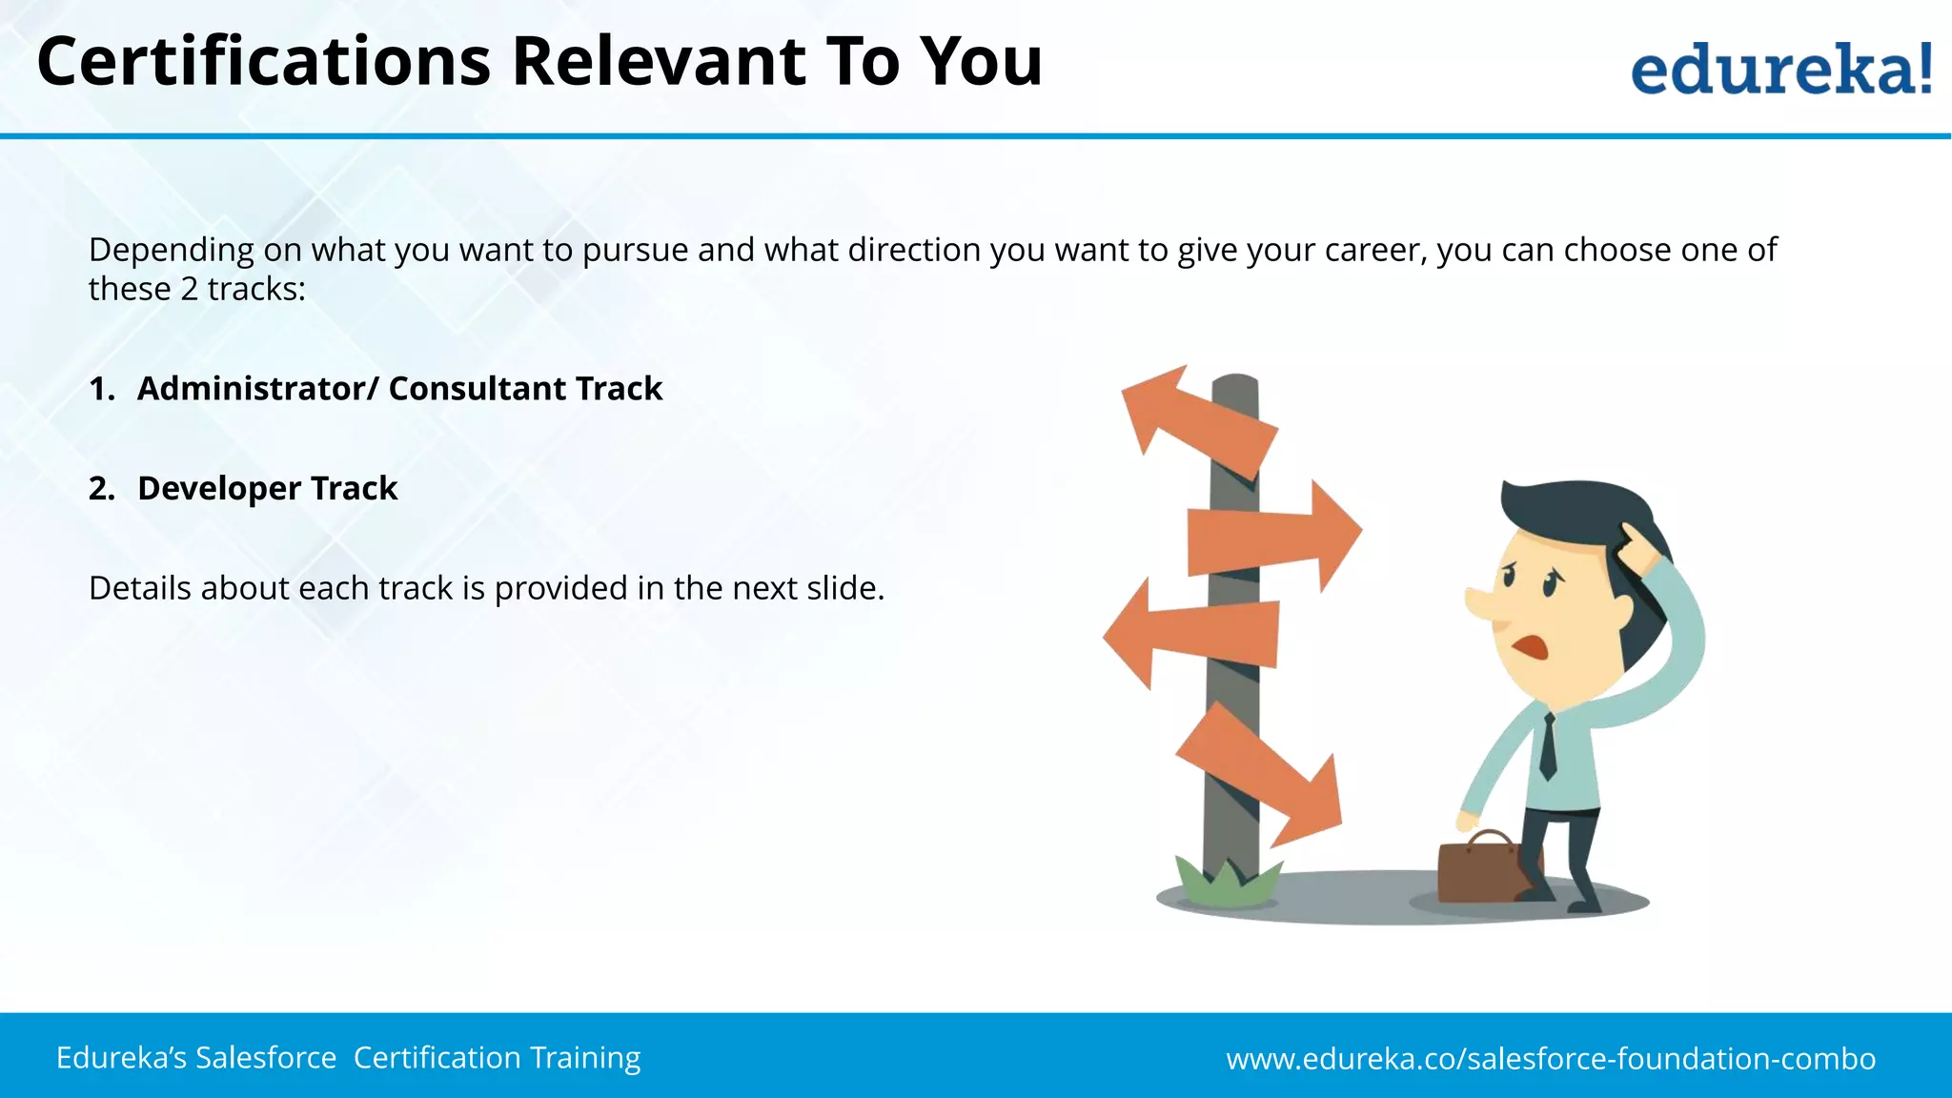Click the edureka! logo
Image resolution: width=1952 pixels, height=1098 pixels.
[x=1780, y=69]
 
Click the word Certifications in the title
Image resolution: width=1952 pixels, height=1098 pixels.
[x=263, y=62]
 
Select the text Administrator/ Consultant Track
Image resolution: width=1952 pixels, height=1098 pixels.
[x=399, y=389]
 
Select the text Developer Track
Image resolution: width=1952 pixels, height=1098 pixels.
[x=267, y=488]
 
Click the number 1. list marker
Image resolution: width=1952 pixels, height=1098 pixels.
[x=101, y=389]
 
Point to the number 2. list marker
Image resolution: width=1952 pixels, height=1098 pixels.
[x=101, y=488]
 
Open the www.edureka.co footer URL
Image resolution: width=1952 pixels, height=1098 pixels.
[x=1550, y=1058]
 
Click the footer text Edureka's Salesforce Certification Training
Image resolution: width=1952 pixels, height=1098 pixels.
[x=348, y=1057]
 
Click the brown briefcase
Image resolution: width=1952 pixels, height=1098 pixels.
[x=1480, y=867]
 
